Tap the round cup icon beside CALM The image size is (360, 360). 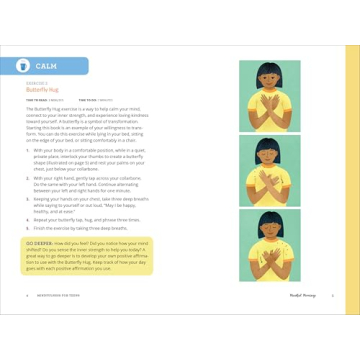pos(22,66)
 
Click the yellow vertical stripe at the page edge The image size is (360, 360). pos(351,180)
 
